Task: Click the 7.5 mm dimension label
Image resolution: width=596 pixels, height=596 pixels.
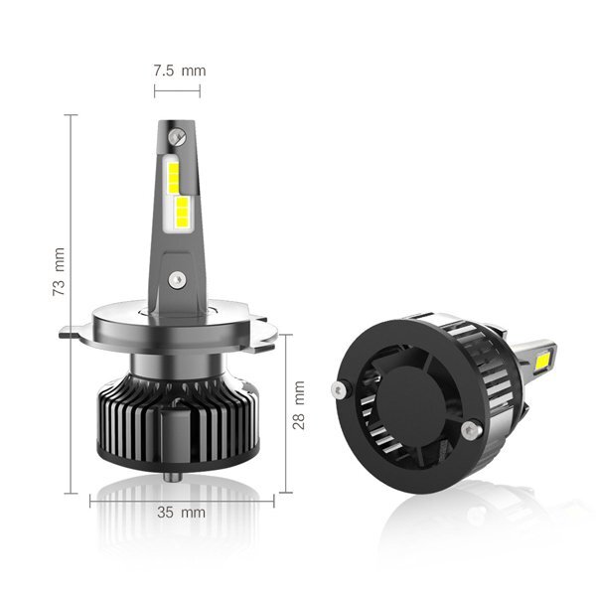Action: click(x=180, y=71)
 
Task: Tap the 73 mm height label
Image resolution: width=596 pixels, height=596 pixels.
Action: click(x=59, y=272)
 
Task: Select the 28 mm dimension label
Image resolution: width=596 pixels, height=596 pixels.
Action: click(x=299, y=405)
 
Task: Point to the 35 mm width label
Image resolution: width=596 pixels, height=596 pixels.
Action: click(x=182, y=513)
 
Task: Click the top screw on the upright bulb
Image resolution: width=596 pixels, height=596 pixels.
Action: click(x=177, y=136)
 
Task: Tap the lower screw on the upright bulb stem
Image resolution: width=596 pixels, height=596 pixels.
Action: click(x=177, y=280)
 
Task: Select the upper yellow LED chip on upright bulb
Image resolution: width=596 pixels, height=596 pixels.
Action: click(x=173, y=177)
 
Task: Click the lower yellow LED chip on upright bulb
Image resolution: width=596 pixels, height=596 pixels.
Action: click(x=182, y=212)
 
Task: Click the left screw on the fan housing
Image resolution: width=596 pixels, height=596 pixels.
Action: click(x=339, y=389)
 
